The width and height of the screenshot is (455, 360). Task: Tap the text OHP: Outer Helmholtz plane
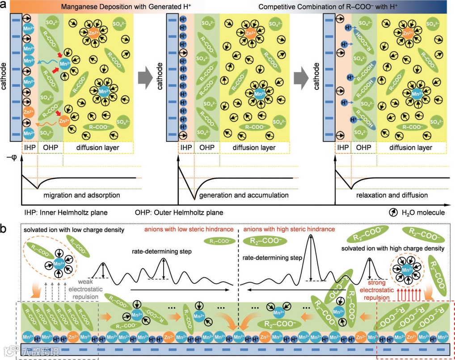coord(186,212)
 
